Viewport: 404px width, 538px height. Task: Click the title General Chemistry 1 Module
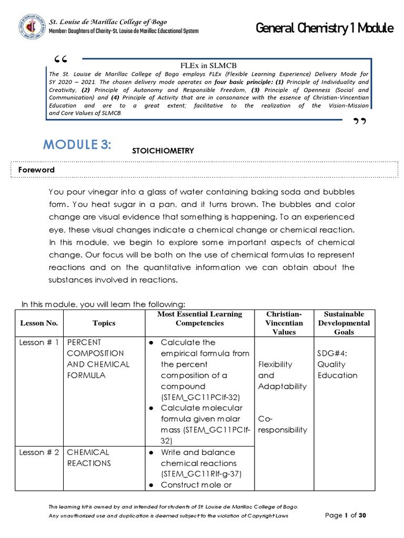(x=325, y=29)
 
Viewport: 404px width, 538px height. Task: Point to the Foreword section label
(x=37, y=170)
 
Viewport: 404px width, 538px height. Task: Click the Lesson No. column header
(x=38, y=323)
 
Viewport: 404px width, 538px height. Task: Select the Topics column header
(x=103, y=323)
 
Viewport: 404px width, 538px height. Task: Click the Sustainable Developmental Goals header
(x=344, y=323)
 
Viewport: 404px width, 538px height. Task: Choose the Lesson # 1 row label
(x=38, y=343)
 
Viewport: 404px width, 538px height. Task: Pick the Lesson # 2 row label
(x=38, y=452)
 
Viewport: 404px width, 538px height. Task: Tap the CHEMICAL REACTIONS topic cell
(x=88, y=458)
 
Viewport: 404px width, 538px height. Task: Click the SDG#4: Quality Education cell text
(x=337, y=364)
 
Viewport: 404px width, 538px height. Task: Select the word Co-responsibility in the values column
(x=283, y=425)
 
